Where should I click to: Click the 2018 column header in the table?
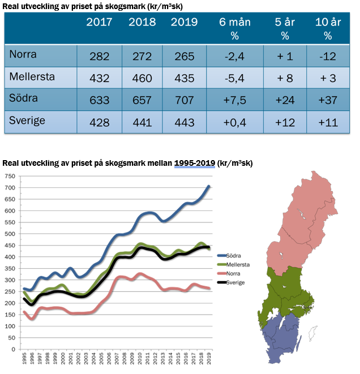142,23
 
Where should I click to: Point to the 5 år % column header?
285,28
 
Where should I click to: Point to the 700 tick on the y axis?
10,187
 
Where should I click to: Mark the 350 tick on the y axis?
10,269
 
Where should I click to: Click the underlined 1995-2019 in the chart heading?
195,164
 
